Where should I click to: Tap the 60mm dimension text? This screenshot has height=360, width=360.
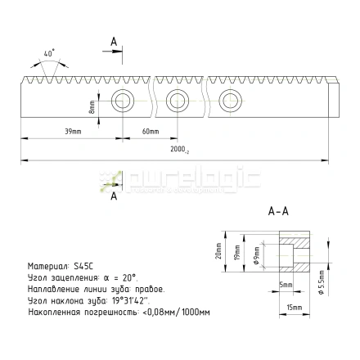(149, 131)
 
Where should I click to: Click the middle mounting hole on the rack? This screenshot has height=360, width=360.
(178, 101)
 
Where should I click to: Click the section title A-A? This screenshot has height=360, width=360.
(278, 210)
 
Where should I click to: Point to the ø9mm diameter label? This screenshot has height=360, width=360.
(257, 255)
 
